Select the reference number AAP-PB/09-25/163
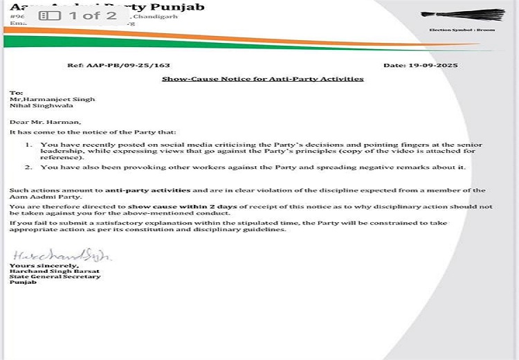[118, 65]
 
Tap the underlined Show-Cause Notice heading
[262, 79]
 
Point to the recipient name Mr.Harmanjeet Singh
[52, 99]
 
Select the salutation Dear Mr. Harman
[45, 121]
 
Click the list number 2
[28, 168]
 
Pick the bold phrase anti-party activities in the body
[147, 190]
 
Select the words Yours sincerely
[35, 265]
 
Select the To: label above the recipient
[16, 92]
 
